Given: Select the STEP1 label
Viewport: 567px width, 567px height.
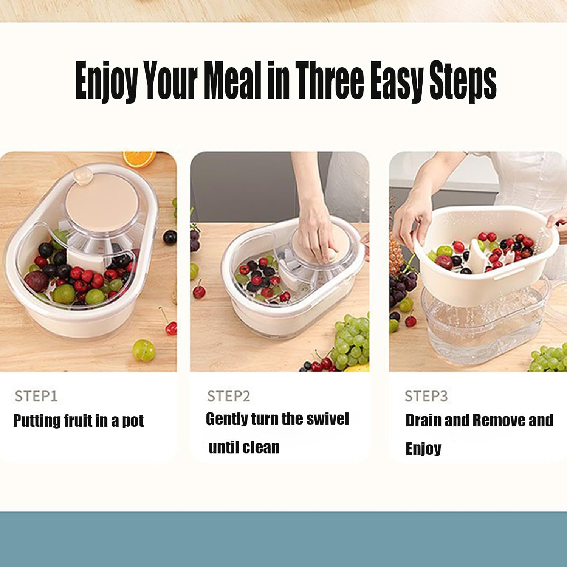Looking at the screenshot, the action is pyautogui.click(x=36, y=396).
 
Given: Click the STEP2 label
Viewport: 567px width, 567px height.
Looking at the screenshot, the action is pyautogui.click(x=229, y=396).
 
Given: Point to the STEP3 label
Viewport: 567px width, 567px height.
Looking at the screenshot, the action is pyautogui.click(x=426, y=396).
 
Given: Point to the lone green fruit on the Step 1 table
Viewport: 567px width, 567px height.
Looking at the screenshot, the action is pyautogui.click(x=144, y=350).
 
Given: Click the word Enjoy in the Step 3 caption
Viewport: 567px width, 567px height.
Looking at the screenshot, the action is pyautogui.click(x=423, y=449).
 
